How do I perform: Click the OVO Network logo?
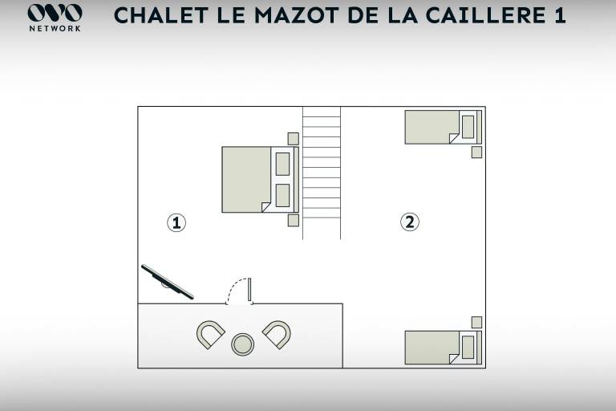point(55,18)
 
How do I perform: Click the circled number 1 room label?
point(176,222)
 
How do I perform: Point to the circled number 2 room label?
point(409,222)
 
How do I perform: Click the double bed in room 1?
point(261,180)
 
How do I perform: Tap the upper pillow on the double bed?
point(282,164)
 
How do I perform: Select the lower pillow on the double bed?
point(282,196)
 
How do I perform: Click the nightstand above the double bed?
point(293,139)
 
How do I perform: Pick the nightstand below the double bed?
point(293,220)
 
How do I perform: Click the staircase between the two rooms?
point(322,173)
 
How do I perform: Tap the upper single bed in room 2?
point(443,127)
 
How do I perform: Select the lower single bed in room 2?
point(443,348)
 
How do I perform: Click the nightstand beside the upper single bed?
point(476,153)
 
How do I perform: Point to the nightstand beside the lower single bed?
point(476,323)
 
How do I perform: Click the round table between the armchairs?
point(242,344)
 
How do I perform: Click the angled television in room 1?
point(168,282)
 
